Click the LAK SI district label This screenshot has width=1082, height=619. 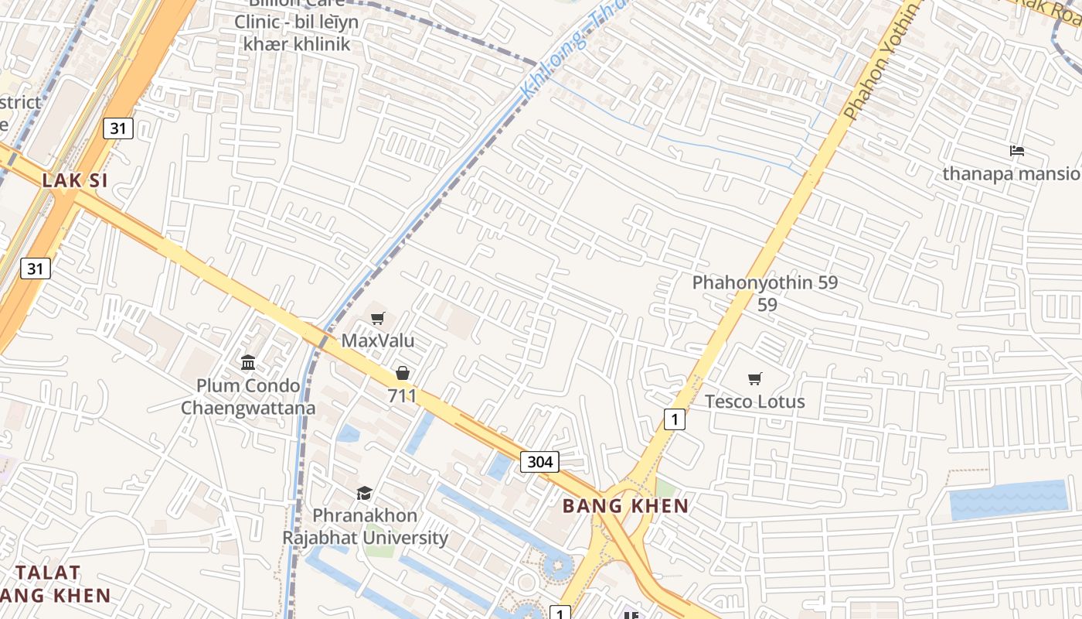(x=75, y=180)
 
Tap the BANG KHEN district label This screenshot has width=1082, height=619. (x=625, y=506)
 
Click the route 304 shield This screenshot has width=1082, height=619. (x=539, y=462)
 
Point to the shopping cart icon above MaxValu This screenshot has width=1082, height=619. (x=378, y=319)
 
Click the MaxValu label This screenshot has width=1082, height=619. (x=378, y=340)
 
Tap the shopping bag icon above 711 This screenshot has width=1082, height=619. (x=403, y=374)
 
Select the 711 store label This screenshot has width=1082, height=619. (x=403, y=396)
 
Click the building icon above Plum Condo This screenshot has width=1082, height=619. (x=248, y=362)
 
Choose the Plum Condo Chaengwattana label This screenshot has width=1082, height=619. (x=248, y=396)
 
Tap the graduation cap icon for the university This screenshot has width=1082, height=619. (x=364, y=493)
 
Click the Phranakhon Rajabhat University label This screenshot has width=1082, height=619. (x=365, y=526)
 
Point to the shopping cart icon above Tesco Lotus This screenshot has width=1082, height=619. (x=754, y=378)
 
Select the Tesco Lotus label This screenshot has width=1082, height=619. (x=754, y=402)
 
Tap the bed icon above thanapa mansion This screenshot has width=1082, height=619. (x=1017, y=151)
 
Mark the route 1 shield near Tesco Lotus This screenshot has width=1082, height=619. (x=675, y=419)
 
